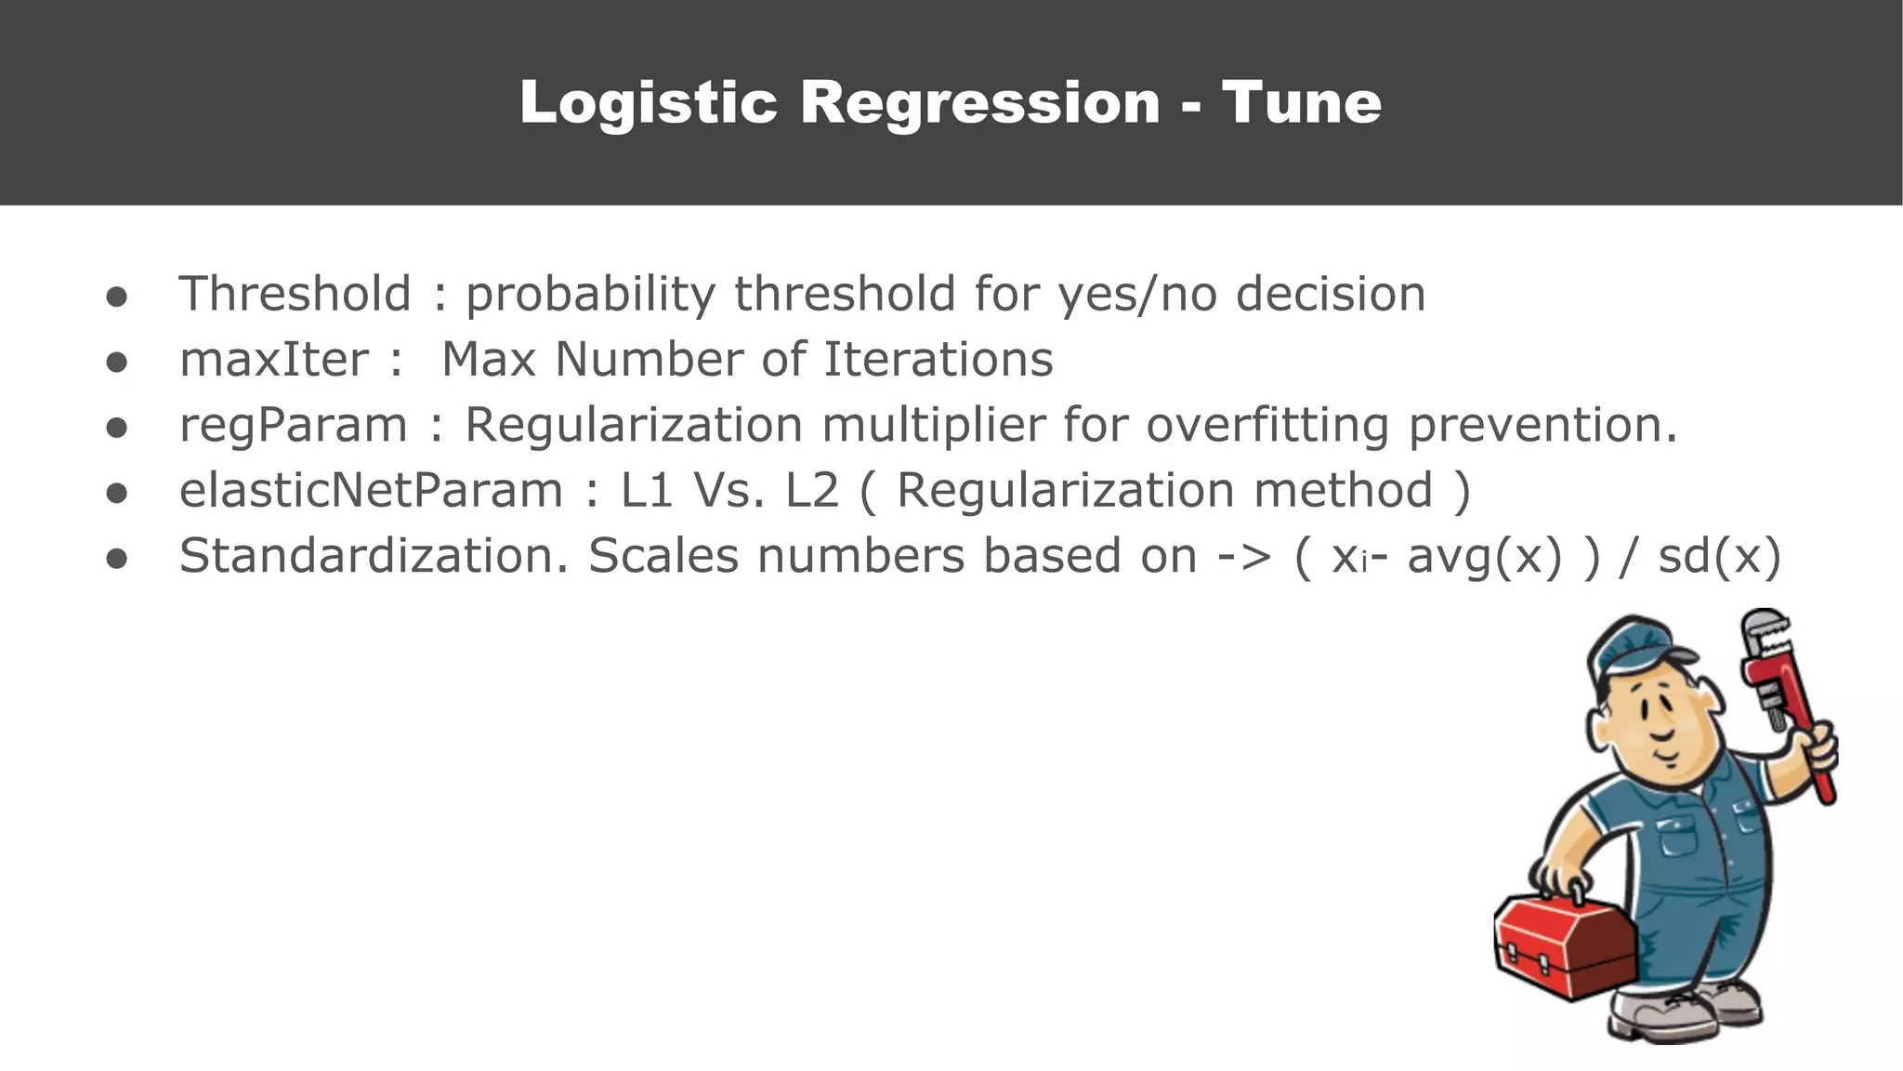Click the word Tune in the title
(1301, 102)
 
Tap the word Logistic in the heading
(648, 102)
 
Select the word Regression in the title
(979, 102)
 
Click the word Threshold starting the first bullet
(295, 294)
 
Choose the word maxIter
(274, 360)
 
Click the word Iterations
(938, 360)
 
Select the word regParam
(293, 426)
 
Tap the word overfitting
(1267, 426)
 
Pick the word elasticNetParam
(371, 491)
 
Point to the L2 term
(812, 491)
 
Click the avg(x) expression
(1485, 556)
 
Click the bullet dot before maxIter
(116, 362)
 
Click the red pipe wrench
(1789, 697)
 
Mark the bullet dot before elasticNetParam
(116, 493)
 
